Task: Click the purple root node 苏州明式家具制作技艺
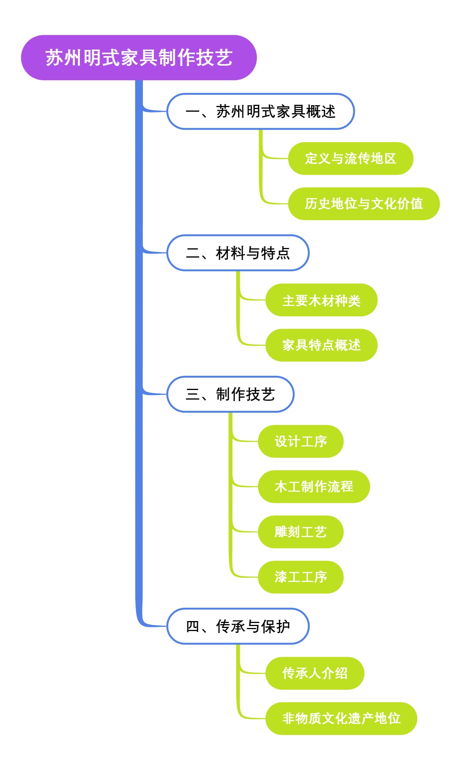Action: [x=139, y=58]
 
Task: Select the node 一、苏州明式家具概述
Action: [x=260, y=111]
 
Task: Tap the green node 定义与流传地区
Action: [x=350, y=159]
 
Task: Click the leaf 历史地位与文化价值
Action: [x=363, y=204]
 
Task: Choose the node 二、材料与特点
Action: [x=238, y=253]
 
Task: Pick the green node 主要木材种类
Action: [x=321, y=300]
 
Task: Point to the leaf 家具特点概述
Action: [x=321, y=345]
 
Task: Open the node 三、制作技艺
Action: [x=230, y=394]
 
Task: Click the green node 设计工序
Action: [x=300, y=441]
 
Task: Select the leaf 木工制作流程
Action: [x=313, y=486]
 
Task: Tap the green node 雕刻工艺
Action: [x=300, y=532]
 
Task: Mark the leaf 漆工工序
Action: [x=300, y=577]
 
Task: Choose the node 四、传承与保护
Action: [x=238, y=626]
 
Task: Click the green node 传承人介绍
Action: [x=314, y=673]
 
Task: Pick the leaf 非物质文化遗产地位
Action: [x=341, y=719]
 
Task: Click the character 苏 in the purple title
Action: [x=55, y=58]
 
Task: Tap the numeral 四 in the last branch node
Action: [x=192, y=626]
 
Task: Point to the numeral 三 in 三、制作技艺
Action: [x=192, y=395]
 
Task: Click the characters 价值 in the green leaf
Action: [x=410, y=204]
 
